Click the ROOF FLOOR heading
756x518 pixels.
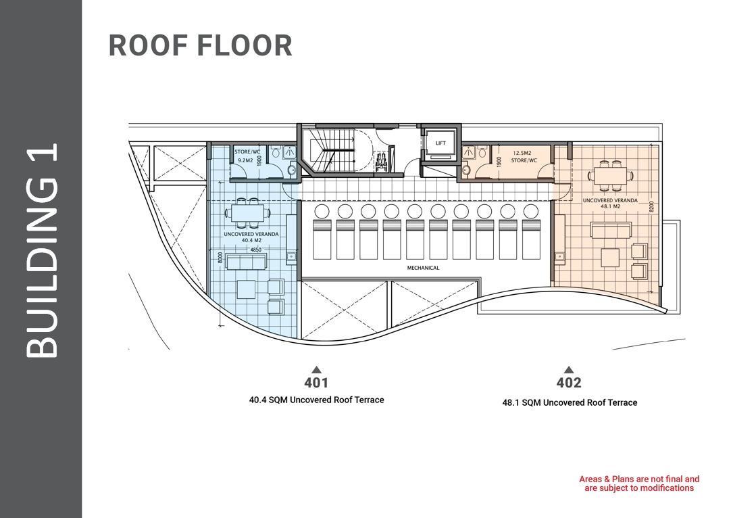200,45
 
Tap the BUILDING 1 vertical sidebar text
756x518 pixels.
41,251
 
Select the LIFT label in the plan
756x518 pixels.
440,143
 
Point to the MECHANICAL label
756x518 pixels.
424,267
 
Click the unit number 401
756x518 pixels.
316,383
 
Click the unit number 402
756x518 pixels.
569,383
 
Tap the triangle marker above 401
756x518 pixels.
316,370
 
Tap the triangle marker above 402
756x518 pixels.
569,370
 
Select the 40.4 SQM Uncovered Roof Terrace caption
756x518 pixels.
317,400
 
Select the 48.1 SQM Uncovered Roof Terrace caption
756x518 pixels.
570,402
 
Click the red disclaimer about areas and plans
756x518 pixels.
639,484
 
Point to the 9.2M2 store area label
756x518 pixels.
246,160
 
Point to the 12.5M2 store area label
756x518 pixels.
523,153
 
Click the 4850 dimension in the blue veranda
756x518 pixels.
255,250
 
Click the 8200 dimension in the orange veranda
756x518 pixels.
651,207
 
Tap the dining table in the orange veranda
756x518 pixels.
610,175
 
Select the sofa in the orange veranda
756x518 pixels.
611,230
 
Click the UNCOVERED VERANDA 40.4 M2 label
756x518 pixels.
251,237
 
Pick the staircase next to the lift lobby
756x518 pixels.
332,150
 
